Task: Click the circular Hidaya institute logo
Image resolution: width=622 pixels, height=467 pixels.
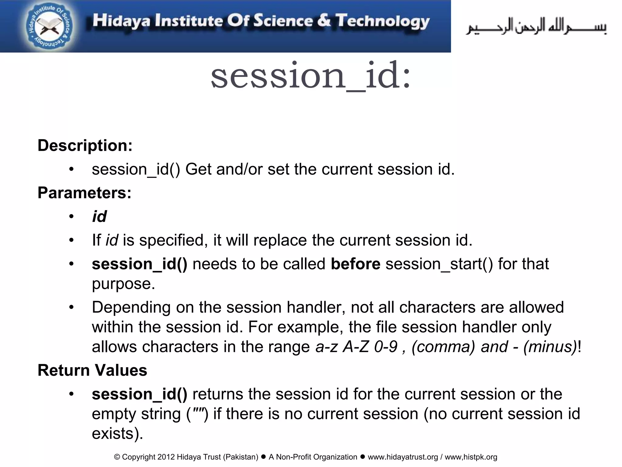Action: pyautogui.click(x=49, y=27)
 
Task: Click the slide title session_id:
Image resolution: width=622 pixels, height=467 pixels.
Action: pyautogui.click(x=310, y=75)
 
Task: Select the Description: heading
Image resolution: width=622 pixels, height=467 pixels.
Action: pyautogui.click(x=85, y=145)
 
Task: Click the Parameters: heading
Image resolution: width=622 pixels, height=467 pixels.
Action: pyautogui.click(x=84, y=193)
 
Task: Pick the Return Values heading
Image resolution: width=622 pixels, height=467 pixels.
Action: pyautogui.click(x=92, y=370)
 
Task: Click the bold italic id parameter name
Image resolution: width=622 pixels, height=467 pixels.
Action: pyautogui.click(x=99, y=216)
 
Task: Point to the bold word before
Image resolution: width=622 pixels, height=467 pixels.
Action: pyautogui.click(x=355, y=264)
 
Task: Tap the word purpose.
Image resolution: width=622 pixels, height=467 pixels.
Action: pyautogui.click(x=123, y=284)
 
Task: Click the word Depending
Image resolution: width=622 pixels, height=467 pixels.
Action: pyautogui.click(x=131, y=307)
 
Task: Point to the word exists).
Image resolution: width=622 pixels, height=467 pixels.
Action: pyautogui.click(x=117, y=433)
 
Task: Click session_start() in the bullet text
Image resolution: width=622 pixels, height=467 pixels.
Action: pyautogui.click(x=439, y=264)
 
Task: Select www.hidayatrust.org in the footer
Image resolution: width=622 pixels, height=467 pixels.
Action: pyautogui.click(x=403, y=457)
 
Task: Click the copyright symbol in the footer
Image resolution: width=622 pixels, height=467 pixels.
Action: pyautogui.click(x=117, y=457)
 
